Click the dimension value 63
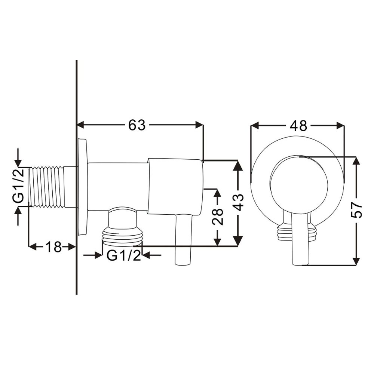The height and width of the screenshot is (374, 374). pyautogui.click(x=137, y=125)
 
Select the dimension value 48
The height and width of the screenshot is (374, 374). pyautogui.click(x=298, y=126)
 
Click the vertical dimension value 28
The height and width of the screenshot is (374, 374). pyautogui.click(x=217, y=217)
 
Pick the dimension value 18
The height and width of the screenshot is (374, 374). pyautogui.click(x=53, y=247)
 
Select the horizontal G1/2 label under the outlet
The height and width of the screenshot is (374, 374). pyautogui.click(x=123, y=256)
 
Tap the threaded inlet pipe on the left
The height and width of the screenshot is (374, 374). pyautogui.click(x=49, y=186)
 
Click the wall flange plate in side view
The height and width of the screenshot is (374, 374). pyautogui.click(x=82, y=187)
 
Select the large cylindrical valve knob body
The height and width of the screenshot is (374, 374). pyautogui.click(x=175, y=186)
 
